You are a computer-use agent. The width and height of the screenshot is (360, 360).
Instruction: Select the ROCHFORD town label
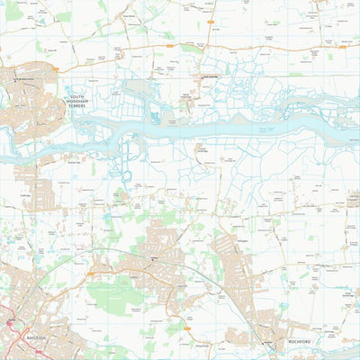[300, 342]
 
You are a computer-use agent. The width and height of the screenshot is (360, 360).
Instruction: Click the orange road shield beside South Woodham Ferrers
[54, 66]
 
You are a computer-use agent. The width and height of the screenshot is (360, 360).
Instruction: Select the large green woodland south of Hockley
[117, 297]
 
